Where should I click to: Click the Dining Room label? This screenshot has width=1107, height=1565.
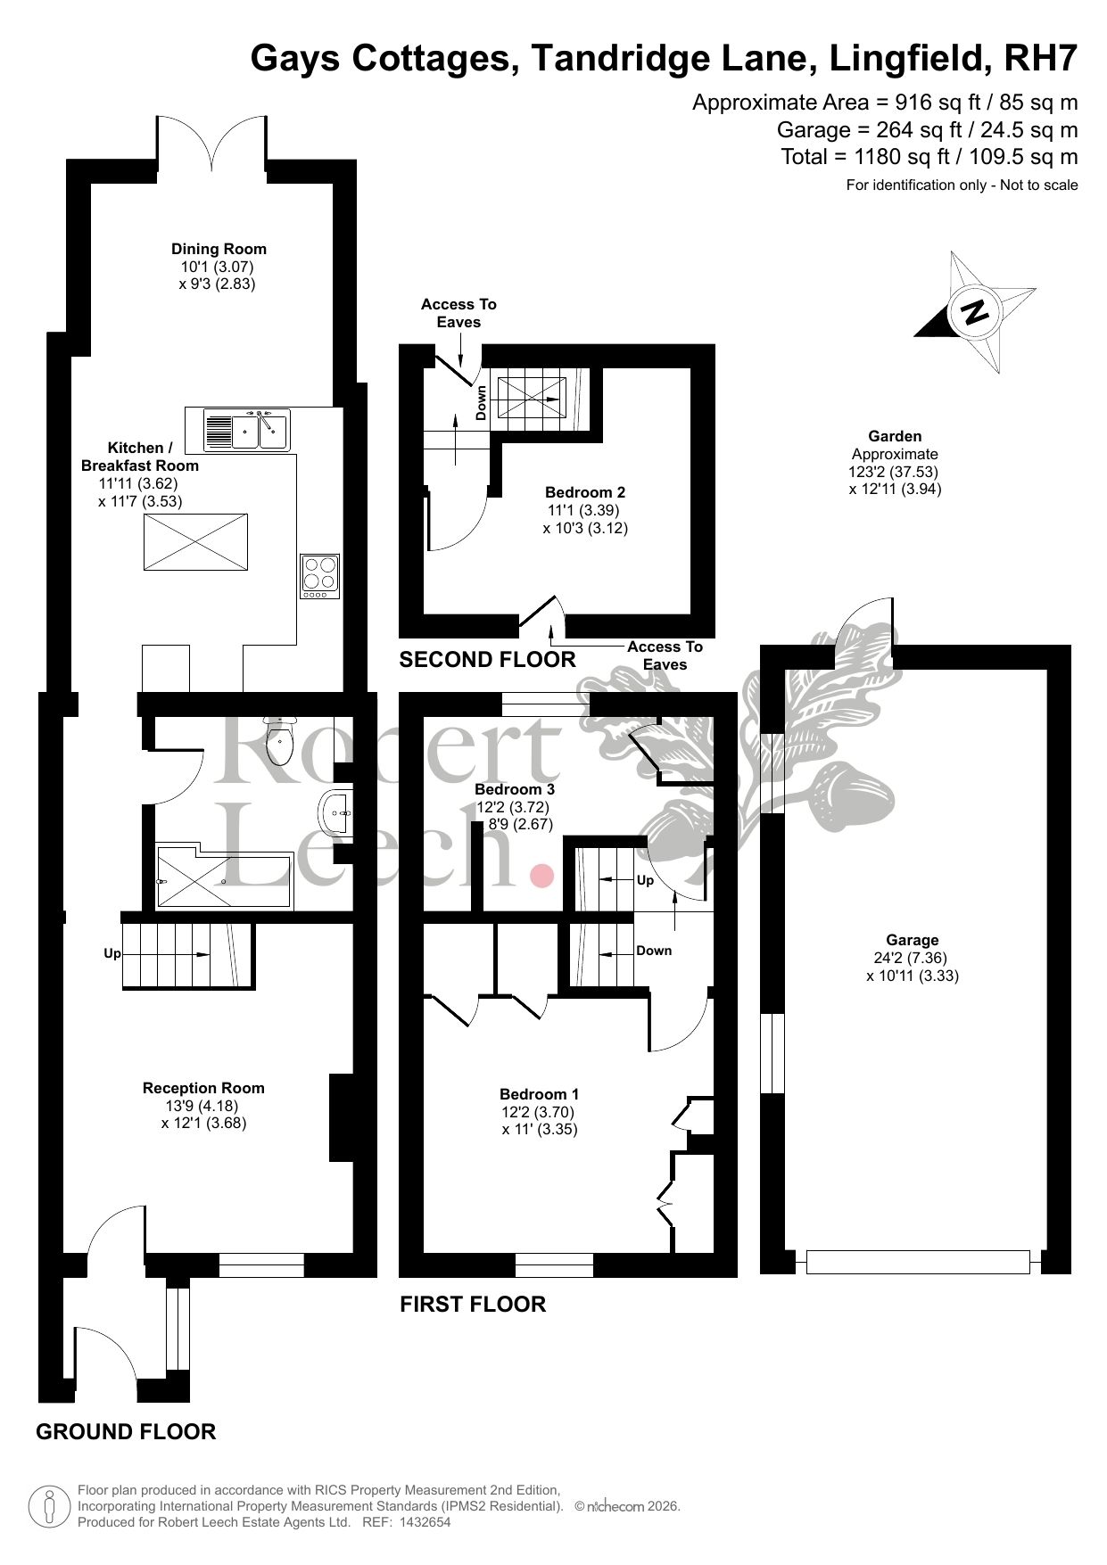219,249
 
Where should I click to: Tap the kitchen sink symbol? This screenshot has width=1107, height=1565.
247,430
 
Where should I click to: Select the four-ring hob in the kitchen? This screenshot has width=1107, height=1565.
320,576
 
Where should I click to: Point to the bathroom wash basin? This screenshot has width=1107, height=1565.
335,813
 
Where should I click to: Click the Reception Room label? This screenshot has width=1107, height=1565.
203,1088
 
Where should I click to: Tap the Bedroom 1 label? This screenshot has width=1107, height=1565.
540,1094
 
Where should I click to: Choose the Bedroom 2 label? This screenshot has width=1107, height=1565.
585,492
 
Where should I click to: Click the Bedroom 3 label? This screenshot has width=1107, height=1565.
515,789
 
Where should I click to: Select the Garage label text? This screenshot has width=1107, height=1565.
913,940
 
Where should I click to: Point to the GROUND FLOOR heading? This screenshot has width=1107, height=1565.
126,1432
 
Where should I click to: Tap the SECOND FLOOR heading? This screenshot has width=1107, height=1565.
487,660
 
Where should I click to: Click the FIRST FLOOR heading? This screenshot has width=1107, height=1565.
473,1305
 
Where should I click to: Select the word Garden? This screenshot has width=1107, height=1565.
895,436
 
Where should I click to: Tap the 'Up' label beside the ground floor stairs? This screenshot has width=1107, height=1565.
112,953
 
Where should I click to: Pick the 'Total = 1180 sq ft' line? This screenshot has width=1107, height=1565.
929,157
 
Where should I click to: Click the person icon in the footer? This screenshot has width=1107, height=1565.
51,1506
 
